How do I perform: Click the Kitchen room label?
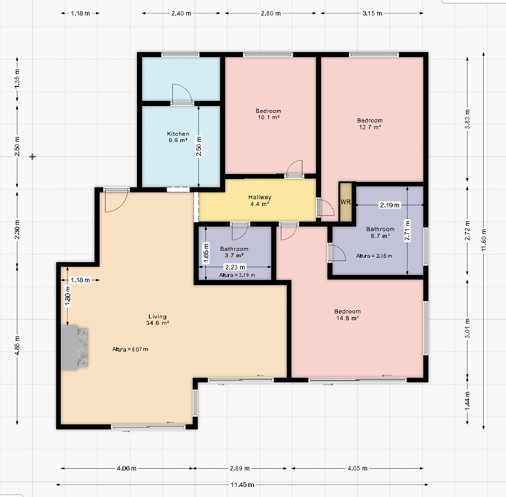178,133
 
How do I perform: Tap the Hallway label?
260,197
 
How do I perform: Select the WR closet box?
346,202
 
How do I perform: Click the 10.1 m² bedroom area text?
269,117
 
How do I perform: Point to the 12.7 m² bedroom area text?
370,127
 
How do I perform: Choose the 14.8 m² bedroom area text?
348,318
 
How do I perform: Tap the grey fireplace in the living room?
74,347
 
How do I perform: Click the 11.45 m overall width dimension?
242,485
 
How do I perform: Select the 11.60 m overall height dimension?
484,240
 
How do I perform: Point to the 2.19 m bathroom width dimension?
390,205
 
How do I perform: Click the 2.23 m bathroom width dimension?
235,267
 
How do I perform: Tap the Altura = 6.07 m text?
130,349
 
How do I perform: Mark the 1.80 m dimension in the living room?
68,296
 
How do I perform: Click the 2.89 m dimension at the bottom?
239,468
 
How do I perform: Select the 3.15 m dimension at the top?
372,13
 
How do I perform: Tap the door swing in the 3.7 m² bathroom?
240,232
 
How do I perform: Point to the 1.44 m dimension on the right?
467,401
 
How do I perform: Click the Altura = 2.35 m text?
374,256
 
